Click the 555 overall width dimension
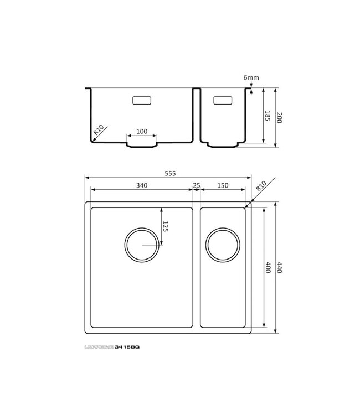[x=169, y=173]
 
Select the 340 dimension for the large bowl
[x=141, y=185]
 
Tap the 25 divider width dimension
[x=197, y=185]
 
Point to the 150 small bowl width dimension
[x=223, y=185]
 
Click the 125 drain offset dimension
[x=165, y=226]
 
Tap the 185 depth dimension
[x=266, y=116]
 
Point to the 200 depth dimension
[x=279, y=117]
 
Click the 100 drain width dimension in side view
[x=142, y=131]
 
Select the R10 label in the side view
[x=99, y=131]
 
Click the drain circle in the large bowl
[x=142, y=245]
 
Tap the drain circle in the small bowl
[x=223, y=244]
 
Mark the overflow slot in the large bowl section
[x=142, y=101]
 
